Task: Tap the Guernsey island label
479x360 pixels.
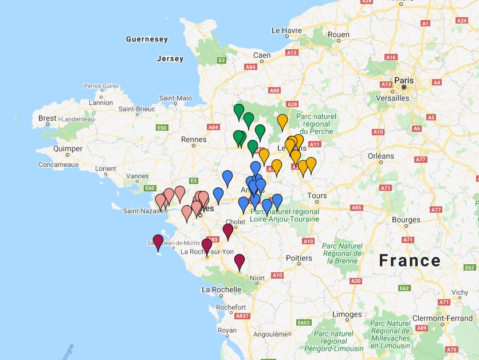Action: (147, 40)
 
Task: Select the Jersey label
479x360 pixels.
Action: (170, 58)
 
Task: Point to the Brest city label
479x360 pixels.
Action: (48, 119)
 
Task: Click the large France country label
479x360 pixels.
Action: (410, 261)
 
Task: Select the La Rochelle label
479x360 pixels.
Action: (221, 290)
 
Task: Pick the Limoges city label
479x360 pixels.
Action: (347, 314)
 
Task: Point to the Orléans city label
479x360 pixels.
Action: (380, 156)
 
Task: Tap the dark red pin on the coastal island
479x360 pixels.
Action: (158, 241)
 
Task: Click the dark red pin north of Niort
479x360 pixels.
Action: (239, 261)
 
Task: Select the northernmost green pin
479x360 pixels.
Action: (239, 111)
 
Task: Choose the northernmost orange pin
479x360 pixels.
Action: (282, 121)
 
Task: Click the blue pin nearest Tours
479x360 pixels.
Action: (277, 201)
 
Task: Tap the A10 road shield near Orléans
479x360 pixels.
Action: (378, 132)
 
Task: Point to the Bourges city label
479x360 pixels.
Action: (406, 220)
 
